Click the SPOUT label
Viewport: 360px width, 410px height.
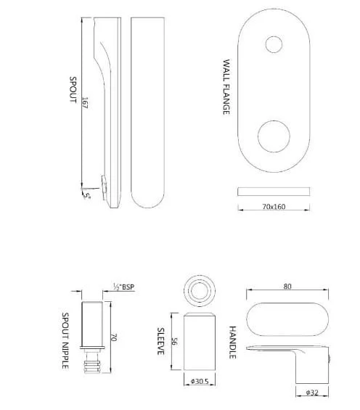tap(73, 90)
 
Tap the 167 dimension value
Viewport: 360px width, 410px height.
tap(85, 102)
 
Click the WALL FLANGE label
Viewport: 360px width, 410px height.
tap(226, 87)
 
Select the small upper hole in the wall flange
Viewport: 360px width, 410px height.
tap(274, 44)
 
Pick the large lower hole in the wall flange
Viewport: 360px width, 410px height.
tap(274, 136)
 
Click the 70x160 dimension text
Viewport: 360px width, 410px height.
tap(274, 207)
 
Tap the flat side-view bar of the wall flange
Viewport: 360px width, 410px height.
tap(274, 192)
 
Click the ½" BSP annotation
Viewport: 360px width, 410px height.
tap(123, 287)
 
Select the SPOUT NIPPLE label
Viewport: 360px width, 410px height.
tap(65, 340)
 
